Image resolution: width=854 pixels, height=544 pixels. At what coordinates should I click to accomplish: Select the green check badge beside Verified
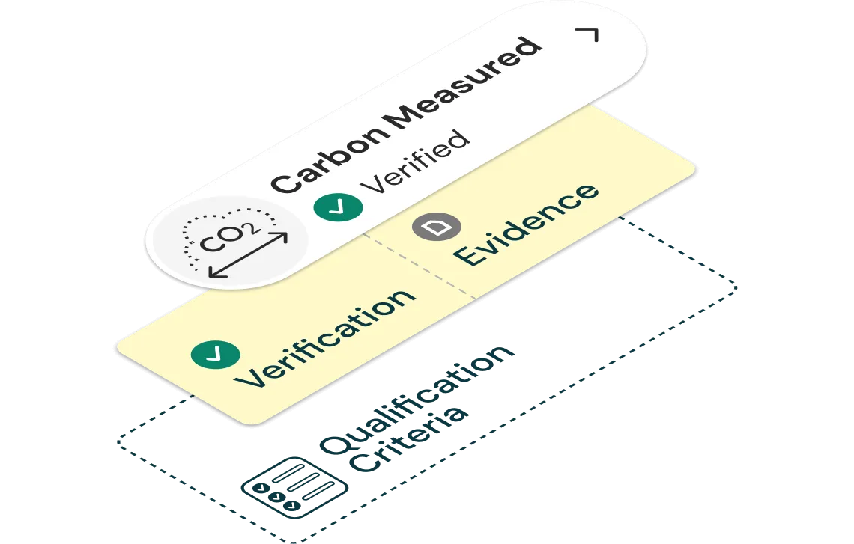pos(336,205)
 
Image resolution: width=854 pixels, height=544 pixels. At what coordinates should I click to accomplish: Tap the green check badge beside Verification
pos(216,355)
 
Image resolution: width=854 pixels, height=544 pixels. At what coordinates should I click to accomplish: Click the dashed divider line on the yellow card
pos(420,265)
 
